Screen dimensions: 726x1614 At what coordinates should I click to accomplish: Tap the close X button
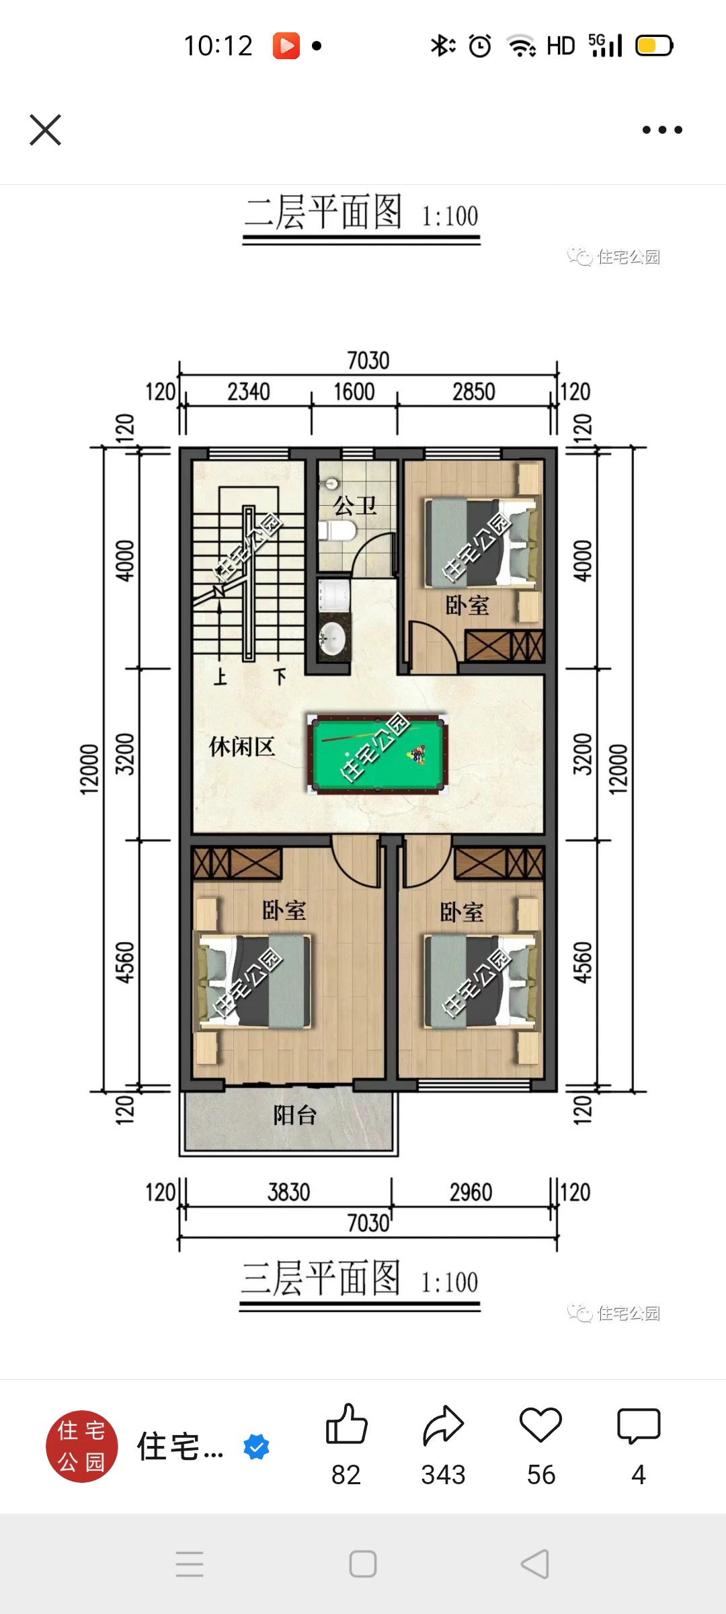[46, 130]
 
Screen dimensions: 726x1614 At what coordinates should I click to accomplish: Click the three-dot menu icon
[662, 130]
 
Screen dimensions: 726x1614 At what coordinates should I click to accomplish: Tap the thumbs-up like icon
[346, 1424]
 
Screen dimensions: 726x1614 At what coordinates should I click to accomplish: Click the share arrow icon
[444, 1425]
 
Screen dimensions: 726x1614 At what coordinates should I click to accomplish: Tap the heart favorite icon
[541, 1425]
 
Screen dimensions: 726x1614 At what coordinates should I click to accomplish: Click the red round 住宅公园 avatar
[82, 1447]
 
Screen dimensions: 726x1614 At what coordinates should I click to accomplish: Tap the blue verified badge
[256, 1447]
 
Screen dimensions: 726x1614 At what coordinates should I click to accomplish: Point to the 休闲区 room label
[242, 746]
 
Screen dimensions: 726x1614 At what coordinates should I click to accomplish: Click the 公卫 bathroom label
[356, 506]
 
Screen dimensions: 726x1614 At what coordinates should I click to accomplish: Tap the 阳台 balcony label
[294, 1116]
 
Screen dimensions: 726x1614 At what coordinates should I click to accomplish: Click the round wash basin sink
[332, 637]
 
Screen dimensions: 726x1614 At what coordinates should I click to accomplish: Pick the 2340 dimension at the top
[249, 392]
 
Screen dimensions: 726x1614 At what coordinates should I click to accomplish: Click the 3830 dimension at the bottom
[289, 1192]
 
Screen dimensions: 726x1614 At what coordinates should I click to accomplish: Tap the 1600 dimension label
[354, 392]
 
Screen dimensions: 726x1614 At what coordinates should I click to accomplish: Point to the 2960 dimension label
[471, 1192]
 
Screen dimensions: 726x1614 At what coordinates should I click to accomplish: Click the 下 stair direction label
[280, 676]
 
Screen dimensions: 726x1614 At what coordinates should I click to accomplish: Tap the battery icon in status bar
[654, 46]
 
